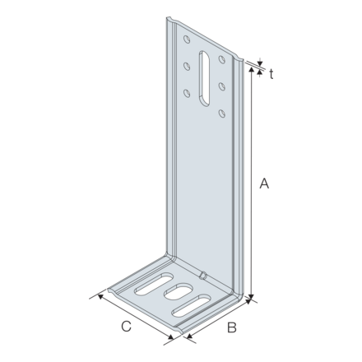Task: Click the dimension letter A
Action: pyautogui.click(x=264, y=184)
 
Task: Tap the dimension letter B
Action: pyautogui.click(x=232, y=327)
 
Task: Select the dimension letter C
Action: pyautogui.click(x=126, y=327)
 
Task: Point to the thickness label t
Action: pyautogui.click(x=271, y=72)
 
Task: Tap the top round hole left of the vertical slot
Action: pyautogui.click(x=186, y=39)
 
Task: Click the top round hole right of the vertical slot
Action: pyautogui.click(x=221, y=59)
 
